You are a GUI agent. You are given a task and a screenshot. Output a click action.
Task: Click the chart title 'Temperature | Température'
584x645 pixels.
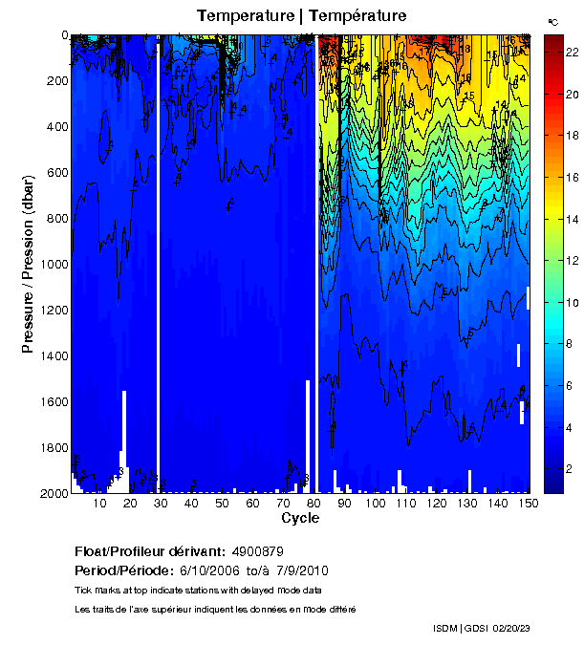[301, 15]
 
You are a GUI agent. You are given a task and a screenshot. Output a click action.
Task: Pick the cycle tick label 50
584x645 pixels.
[222, 504]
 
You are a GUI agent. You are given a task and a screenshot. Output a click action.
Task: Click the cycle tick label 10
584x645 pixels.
[100, 504]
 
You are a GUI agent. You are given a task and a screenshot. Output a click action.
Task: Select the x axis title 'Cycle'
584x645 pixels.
[300, 519]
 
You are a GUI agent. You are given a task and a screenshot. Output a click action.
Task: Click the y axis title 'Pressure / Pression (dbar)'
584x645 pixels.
[28, 264]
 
